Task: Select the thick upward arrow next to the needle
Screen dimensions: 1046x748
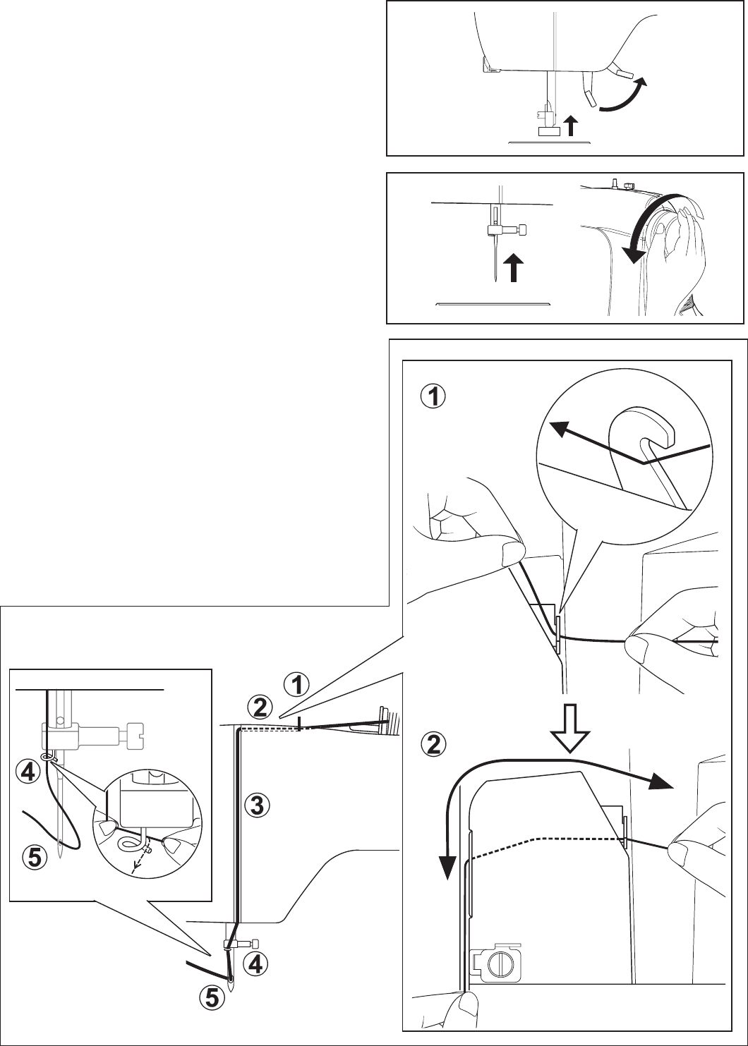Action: [514, 267]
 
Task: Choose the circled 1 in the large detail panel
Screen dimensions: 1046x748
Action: [432, 397]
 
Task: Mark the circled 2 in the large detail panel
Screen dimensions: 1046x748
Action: [432, 745]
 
